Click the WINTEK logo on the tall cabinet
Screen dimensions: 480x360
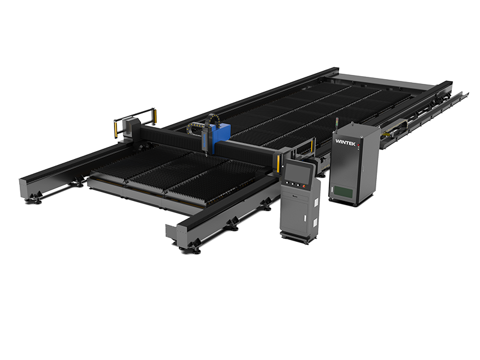tap(346, 142)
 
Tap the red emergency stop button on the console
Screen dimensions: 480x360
tap(304, 186)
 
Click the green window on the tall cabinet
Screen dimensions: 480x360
tap(343, 192)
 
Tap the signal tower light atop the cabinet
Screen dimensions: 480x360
tap(337, 122)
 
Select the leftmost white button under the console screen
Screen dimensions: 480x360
tap(287, 183)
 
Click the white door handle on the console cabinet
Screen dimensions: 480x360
tap(305, 218)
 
